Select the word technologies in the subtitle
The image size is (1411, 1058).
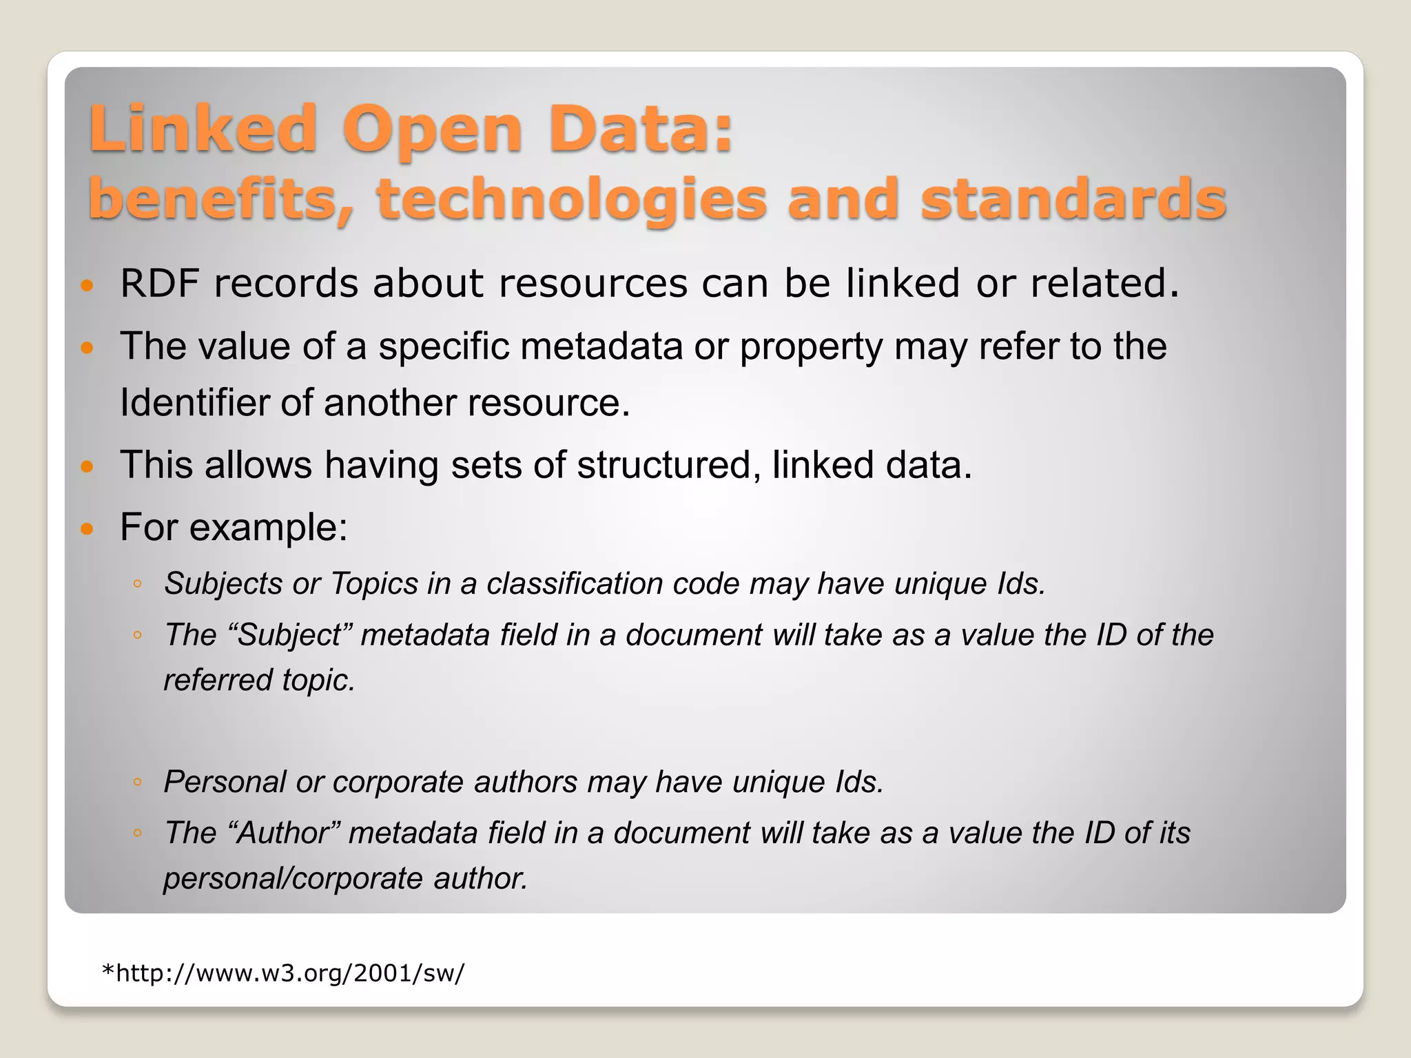[x=571, y=200]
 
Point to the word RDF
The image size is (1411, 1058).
[x=160, y=283]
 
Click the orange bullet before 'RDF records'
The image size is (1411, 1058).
[x=87, y=285]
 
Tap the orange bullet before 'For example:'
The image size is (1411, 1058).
[x=87, y=529]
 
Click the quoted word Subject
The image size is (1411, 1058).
[x=289, y=635]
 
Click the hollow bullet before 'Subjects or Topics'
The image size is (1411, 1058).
[x=138, y=585]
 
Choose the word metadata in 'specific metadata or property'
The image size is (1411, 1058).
[x=601, y=346]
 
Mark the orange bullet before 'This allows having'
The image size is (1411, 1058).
[x=87, y=467]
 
